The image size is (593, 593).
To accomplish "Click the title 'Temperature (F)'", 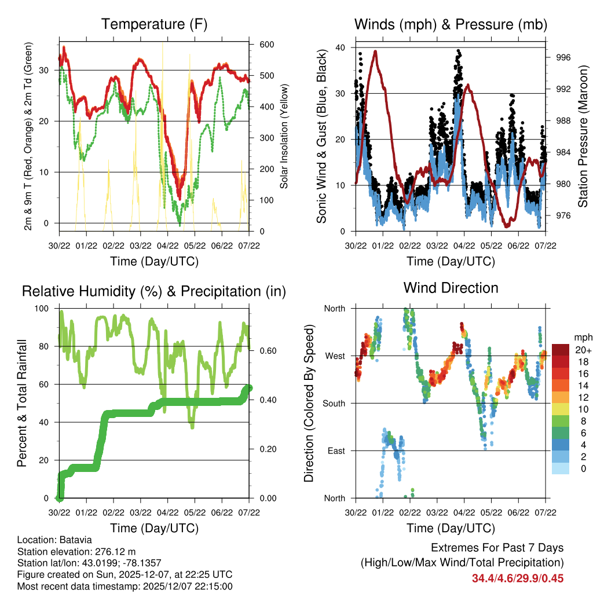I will click(154, 24).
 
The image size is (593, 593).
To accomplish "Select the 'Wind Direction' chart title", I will click(451, 287).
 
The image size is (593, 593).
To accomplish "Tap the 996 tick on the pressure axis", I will click(563, 57).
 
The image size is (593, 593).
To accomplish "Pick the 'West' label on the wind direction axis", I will click(334, 356).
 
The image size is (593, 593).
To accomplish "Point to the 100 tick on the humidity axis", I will click(43, 309).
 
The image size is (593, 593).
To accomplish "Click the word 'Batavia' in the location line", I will click(76, 540).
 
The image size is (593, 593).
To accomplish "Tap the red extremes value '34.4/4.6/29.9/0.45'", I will click(517, 578).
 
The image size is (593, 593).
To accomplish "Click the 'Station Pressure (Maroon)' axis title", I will click(583, 136).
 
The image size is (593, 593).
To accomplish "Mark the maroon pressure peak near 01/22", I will click(376, 52).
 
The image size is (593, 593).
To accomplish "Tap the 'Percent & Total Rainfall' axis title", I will click(21, 403).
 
